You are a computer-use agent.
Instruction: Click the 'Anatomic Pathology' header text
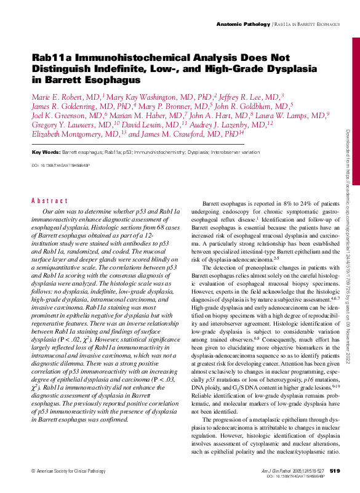click(x=243, y=23)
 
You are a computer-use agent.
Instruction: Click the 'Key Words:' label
click(x=46, y=151)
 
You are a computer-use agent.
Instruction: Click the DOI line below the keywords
click(x=60, y=166)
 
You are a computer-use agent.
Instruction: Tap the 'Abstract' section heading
click(x=49, y=201)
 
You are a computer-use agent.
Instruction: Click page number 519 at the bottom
click(x=335, y=471)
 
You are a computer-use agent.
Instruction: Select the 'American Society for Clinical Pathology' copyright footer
click(x=70, y=471)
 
